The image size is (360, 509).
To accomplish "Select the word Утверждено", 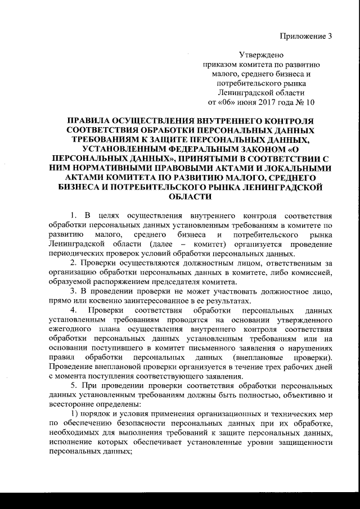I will pos(262,56).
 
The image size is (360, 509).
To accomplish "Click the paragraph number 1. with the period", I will pos(73,217).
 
